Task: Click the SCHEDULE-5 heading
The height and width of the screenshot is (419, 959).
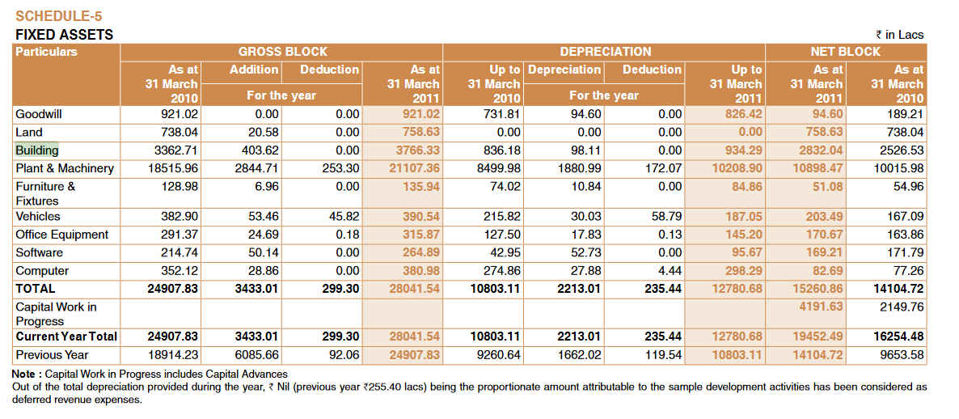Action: pos(59,16)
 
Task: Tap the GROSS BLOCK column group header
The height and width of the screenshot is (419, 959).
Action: pos(283,52)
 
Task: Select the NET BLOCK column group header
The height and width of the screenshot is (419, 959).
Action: pos(845,52)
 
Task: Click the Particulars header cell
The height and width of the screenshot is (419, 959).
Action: pos(47,52)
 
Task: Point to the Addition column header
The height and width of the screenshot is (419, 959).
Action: pos(254,70)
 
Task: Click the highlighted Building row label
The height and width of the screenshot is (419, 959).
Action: pos(37,150)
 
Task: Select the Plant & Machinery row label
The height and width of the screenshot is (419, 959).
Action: pos(65,168)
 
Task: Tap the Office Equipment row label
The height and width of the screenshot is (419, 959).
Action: pos(61,235)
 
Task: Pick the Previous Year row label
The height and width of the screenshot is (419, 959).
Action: pos(52,354)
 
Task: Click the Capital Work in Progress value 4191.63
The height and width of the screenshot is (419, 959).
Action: pos(821,307)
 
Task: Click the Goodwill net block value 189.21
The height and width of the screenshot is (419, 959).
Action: pos(905,114)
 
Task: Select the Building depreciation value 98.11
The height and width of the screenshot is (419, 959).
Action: pos(582,150)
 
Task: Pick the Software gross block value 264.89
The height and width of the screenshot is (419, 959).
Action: pos(421,252)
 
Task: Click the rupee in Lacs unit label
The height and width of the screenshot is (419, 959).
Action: pos(899,35)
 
